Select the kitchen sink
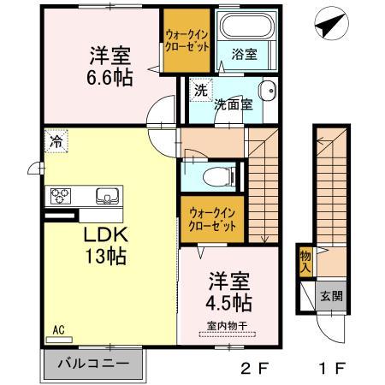106,193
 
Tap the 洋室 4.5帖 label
228,292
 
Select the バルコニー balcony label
93,363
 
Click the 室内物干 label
228,324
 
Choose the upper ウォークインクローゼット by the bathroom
187,41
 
